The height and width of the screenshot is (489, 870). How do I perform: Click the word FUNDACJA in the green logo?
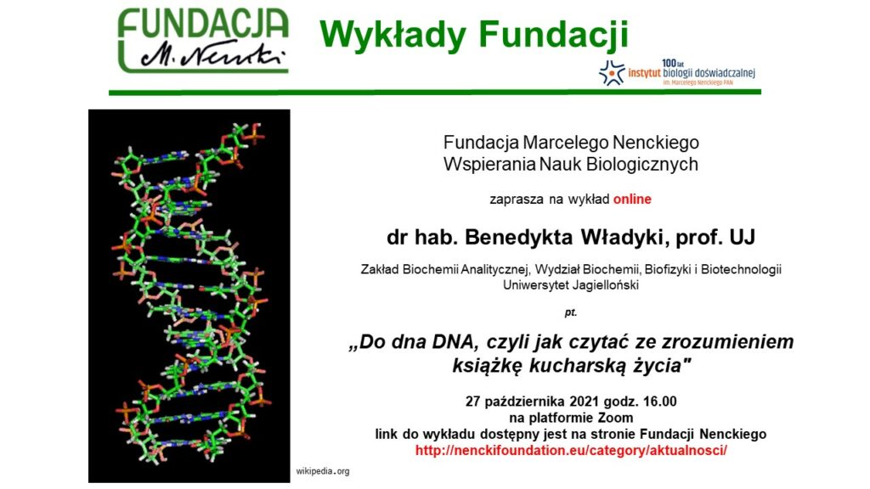203,23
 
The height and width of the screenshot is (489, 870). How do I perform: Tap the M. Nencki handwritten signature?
213,53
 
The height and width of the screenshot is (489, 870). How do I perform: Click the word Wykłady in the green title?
393,34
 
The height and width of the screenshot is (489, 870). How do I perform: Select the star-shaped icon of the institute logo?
612,73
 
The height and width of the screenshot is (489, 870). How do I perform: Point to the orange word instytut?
644,73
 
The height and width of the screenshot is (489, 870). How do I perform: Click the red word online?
632,199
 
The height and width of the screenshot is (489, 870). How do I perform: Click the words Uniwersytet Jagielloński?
571,285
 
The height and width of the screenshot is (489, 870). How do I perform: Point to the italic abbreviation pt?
570,312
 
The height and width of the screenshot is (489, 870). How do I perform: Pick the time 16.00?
659,402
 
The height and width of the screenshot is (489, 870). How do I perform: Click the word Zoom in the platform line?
615,418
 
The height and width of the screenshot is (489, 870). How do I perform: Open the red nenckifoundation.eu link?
571,450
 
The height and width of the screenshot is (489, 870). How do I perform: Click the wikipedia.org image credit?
322,471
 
